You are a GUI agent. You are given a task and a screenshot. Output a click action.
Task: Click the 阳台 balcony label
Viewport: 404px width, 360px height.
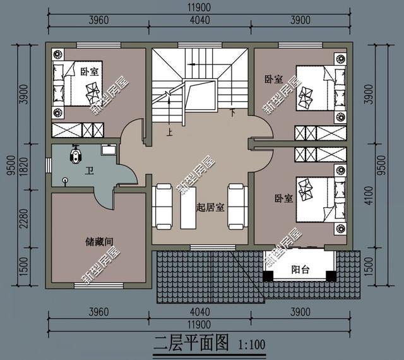300,270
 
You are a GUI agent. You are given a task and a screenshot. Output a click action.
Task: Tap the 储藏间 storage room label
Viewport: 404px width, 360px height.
99,242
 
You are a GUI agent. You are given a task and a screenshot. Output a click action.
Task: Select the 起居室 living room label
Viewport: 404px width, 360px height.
210,207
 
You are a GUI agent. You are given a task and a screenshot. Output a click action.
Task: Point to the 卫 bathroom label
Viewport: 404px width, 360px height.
90,171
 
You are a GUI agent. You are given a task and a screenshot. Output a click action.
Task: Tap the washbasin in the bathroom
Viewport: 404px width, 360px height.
109,149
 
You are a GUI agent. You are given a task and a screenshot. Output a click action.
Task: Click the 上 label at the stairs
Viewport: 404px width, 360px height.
169,132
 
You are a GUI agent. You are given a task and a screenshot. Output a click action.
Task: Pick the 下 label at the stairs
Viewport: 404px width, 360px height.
232,112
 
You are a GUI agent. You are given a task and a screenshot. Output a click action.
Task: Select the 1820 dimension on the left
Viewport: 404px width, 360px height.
23,167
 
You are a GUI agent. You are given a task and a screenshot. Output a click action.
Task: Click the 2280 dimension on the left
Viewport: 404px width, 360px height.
23,219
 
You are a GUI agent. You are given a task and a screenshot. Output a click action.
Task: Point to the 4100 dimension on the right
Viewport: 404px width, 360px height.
369,195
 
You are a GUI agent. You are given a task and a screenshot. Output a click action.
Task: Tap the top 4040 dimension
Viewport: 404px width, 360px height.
200,20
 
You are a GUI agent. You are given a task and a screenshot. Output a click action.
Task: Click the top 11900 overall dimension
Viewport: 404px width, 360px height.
199,7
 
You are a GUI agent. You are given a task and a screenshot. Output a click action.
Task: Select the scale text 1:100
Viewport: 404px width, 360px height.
252,345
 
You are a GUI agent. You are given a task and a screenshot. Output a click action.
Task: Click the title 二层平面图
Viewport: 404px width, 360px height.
191,343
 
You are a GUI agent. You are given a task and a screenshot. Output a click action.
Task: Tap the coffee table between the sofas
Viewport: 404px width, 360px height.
188,207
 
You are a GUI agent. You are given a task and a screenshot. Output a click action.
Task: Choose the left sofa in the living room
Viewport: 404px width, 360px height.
162,207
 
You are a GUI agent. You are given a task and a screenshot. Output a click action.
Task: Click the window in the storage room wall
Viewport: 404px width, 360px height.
98,285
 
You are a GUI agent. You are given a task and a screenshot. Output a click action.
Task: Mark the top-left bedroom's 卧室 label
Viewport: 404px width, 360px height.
90,72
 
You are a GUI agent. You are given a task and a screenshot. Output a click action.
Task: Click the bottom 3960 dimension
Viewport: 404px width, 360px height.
98,312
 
